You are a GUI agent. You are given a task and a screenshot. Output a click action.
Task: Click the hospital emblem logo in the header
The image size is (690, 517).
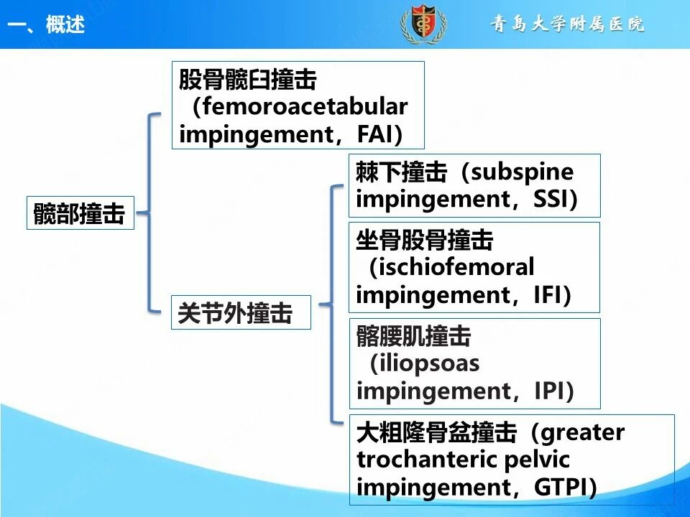click(423, 24)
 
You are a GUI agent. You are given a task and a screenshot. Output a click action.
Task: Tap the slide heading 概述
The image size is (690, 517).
click(65, 24)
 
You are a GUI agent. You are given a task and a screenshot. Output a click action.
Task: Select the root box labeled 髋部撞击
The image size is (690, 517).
click(80, 213)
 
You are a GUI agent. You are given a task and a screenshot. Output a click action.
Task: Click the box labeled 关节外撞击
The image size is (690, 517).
click(241, 312)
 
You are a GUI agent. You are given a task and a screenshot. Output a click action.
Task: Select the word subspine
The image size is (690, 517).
click(523, 172)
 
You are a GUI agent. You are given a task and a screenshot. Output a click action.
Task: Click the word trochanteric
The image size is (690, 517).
click(427, 460)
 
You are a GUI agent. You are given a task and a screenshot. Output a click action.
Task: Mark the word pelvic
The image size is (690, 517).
click(537, 460)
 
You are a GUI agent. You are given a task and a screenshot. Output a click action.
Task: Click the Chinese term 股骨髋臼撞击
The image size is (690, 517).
click(248, 80)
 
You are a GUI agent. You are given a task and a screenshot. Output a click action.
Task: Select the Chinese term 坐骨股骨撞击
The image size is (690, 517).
click(425, 240)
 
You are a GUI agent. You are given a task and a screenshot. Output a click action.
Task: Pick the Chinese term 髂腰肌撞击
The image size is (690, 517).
click(414, 336)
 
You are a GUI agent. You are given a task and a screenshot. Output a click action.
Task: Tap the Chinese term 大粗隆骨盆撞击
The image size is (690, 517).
click(436, 432)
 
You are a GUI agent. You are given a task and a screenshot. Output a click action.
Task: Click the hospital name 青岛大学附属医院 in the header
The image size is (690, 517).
click(568, 24)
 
